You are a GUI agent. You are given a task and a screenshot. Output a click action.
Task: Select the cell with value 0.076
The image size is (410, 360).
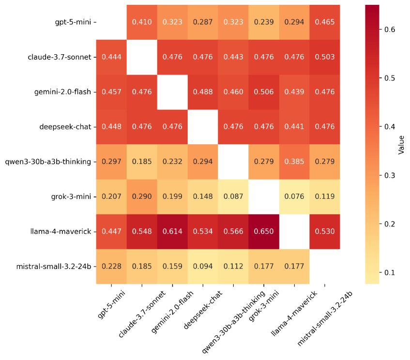pyautogui.click(x=294, y=196)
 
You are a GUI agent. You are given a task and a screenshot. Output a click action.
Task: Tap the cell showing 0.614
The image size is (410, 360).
pyautogui.click(x=172, y=231)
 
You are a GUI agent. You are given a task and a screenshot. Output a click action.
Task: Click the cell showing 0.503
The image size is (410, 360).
pyautogui.click(x=324, y=57)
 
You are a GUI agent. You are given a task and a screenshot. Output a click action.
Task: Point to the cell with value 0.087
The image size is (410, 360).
pyautogui.click(x=233, y=196)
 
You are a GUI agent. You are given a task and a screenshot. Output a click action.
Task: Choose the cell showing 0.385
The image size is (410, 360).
pyautogui.click(x=294, y=162)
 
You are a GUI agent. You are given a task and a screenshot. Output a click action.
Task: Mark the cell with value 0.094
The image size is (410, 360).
pyautogui.click(x=203, y=266)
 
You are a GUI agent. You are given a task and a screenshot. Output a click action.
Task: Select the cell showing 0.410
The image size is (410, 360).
pyautogui.click(x=142, y=22)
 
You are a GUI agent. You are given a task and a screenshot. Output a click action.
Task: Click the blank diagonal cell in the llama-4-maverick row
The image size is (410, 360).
pyautogui.click(x=294, y=231)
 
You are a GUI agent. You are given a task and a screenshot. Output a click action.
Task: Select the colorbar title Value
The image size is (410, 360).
pyautogui.click(x=401, y=144)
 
